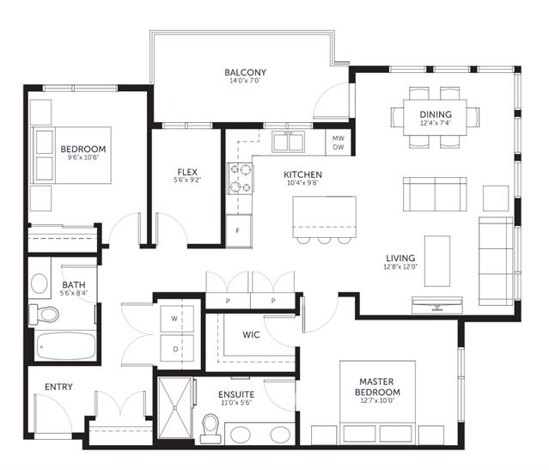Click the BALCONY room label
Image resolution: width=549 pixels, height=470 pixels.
coord(245,72)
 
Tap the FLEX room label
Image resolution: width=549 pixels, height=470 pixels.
coord(187,172)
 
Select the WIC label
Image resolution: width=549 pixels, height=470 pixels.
coord(251,335)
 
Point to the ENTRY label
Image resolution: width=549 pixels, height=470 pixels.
coord(58,387)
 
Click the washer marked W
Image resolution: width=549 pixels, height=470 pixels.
coord(177,319)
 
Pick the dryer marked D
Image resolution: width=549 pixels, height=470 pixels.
coord(177,349)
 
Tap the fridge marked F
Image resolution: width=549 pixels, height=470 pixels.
coord(239,231)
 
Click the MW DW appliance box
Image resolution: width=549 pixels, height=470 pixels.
coord(339,143)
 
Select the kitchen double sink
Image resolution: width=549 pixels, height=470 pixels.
coord(289,142)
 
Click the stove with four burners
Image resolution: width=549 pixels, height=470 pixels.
coord(241,179)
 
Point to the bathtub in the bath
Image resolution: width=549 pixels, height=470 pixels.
coord(66,346)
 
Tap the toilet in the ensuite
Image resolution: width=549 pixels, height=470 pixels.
coord(210,429)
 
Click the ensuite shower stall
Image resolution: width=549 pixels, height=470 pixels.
coord(175,407)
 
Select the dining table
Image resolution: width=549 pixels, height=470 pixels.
coord(436,118)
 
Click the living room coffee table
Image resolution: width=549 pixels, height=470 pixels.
coord(437,261)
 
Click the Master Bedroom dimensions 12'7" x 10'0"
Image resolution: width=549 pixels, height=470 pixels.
coord(377,400)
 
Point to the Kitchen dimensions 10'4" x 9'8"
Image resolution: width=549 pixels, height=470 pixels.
coord(302,183)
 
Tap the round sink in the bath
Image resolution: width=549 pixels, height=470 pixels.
coord(40,284)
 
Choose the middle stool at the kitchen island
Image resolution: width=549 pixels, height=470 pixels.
coord(324,241)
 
